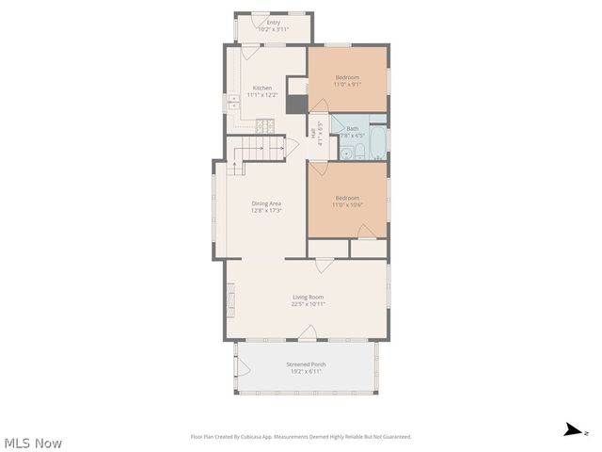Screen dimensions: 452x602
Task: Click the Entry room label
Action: point(274,22)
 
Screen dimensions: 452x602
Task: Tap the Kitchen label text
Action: point(261,89)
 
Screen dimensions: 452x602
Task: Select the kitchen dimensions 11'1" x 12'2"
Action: point(261,95)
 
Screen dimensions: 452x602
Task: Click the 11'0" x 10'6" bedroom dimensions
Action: point(347,204)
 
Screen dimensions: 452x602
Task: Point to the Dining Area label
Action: point(266,203)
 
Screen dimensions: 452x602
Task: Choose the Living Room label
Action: point(308,297)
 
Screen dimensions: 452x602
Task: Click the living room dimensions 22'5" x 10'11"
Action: point(308,304)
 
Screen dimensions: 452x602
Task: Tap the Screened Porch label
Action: point(307,363)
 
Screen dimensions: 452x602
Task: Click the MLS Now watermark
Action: point(34,443)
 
